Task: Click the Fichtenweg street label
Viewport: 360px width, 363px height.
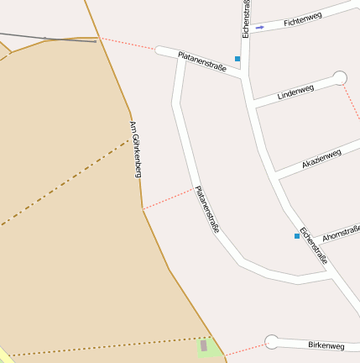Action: [x=303, y=18]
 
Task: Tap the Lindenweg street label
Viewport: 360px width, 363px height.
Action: [x=295, y=92]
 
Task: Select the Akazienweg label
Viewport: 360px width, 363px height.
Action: [x=321, y=158]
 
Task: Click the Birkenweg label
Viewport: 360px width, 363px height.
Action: [x=326, y=345]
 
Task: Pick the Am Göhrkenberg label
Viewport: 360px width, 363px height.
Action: [x=135, y=149]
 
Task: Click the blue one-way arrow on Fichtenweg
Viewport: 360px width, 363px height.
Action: [x=260, y=28]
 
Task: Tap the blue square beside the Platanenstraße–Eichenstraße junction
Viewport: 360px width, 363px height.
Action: [x=237, y=59]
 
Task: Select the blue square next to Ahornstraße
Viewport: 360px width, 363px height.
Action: [x=297, y=236]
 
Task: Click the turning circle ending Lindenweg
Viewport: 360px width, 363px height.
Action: [x=339, y=78]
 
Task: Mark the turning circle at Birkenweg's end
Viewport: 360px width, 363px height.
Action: [x=271, y=341]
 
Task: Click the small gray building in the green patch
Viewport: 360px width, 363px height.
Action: [x=204, y=345]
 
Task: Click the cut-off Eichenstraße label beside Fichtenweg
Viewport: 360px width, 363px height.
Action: [x=246, y=18]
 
